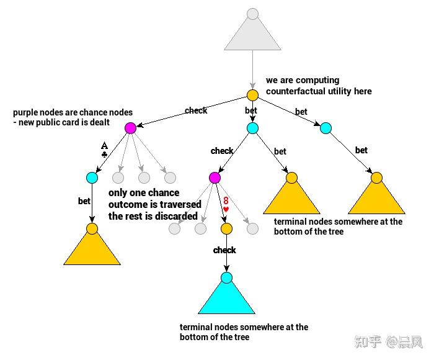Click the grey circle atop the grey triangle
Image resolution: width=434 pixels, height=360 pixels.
[x=252, y=14]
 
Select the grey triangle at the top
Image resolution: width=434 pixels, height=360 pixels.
[x=252, y=35]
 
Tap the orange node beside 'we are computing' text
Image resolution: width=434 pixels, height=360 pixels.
[x=252, y=95]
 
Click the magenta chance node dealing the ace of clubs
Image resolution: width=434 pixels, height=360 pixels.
[x=130, y=128]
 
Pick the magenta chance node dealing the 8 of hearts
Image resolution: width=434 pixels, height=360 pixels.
[x=215, y=178]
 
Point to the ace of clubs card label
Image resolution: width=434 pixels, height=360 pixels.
[x=104, y=150]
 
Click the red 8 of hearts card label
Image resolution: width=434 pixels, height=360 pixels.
[x=226, y=204]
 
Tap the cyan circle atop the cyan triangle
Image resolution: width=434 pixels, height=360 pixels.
[x=226, y=277]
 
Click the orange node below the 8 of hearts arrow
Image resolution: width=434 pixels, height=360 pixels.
[x=226, y=228]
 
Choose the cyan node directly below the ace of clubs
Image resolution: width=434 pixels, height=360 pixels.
[x=92, y=178]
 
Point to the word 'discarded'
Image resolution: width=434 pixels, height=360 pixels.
[x=177, y=216]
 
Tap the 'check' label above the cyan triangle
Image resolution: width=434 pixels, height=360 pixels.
[x=224, y=250]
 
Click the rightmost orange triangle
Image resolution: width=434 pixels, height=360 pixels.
[x=376, y=196]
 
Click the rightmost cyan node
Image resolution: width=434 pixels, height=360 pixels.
[x=325, y=128]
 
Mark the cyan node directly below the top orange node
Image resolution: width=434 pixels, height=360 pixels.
[x=252, y=128]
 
